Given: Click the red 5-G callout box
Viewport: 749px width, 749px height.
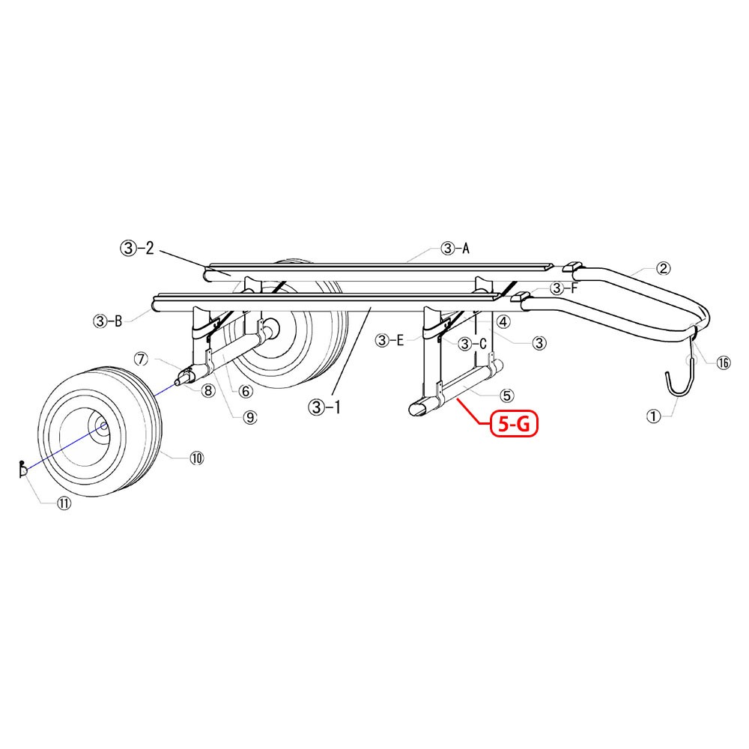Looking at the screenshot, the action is point(514,424).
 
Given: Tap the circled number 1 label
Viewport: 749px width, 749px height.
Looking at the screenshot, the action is point(653,416).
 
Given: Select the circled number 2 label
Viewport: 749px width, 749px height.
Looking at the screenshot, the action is point(663,268).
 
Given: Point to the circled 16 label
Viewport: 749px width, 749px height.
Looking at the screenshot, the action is point(724,363).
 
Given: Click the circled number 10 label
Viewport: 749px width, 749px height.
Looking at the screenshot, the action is point(197,458).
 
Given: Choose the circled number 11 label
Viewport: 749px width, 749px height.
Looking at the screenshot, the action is point(64,503).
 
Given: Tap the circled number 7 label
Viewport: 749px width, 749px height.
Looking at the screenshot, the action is point(142,358).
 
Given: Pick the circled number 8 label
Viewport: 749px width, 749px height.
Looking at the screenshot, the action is point(207,391).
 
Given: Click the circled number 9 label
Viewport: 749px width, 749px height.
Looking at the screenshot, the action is point(250,417).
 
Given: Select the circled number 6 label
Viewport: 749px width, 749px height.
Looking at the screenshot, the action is point(246,391).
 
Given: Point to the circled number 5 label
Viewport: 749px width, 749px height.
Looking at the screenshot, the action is point(506,395).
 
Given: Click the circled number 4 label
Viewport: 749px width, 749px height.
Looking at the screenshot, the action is point(503,322).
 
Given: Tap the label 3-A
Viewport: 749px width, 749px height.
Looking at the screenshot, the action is point(455,249).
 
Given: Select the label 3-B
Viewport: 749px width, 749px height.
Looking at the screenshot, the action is point(107,321).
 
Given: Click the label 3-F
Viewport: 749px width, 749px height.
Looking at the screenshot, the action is point(564,288).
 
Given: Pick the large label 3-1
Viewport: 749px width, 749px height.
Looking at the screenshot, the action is point(325,407).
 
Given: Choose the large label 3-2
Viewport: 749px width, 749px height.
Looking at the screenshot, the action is point(137,248).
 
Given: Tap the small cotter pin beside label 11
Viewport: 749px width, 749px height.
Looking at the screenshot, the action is point(22,470).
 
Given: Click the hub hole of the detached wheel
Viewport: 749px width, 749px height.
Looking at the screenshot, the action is point(102,426).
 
